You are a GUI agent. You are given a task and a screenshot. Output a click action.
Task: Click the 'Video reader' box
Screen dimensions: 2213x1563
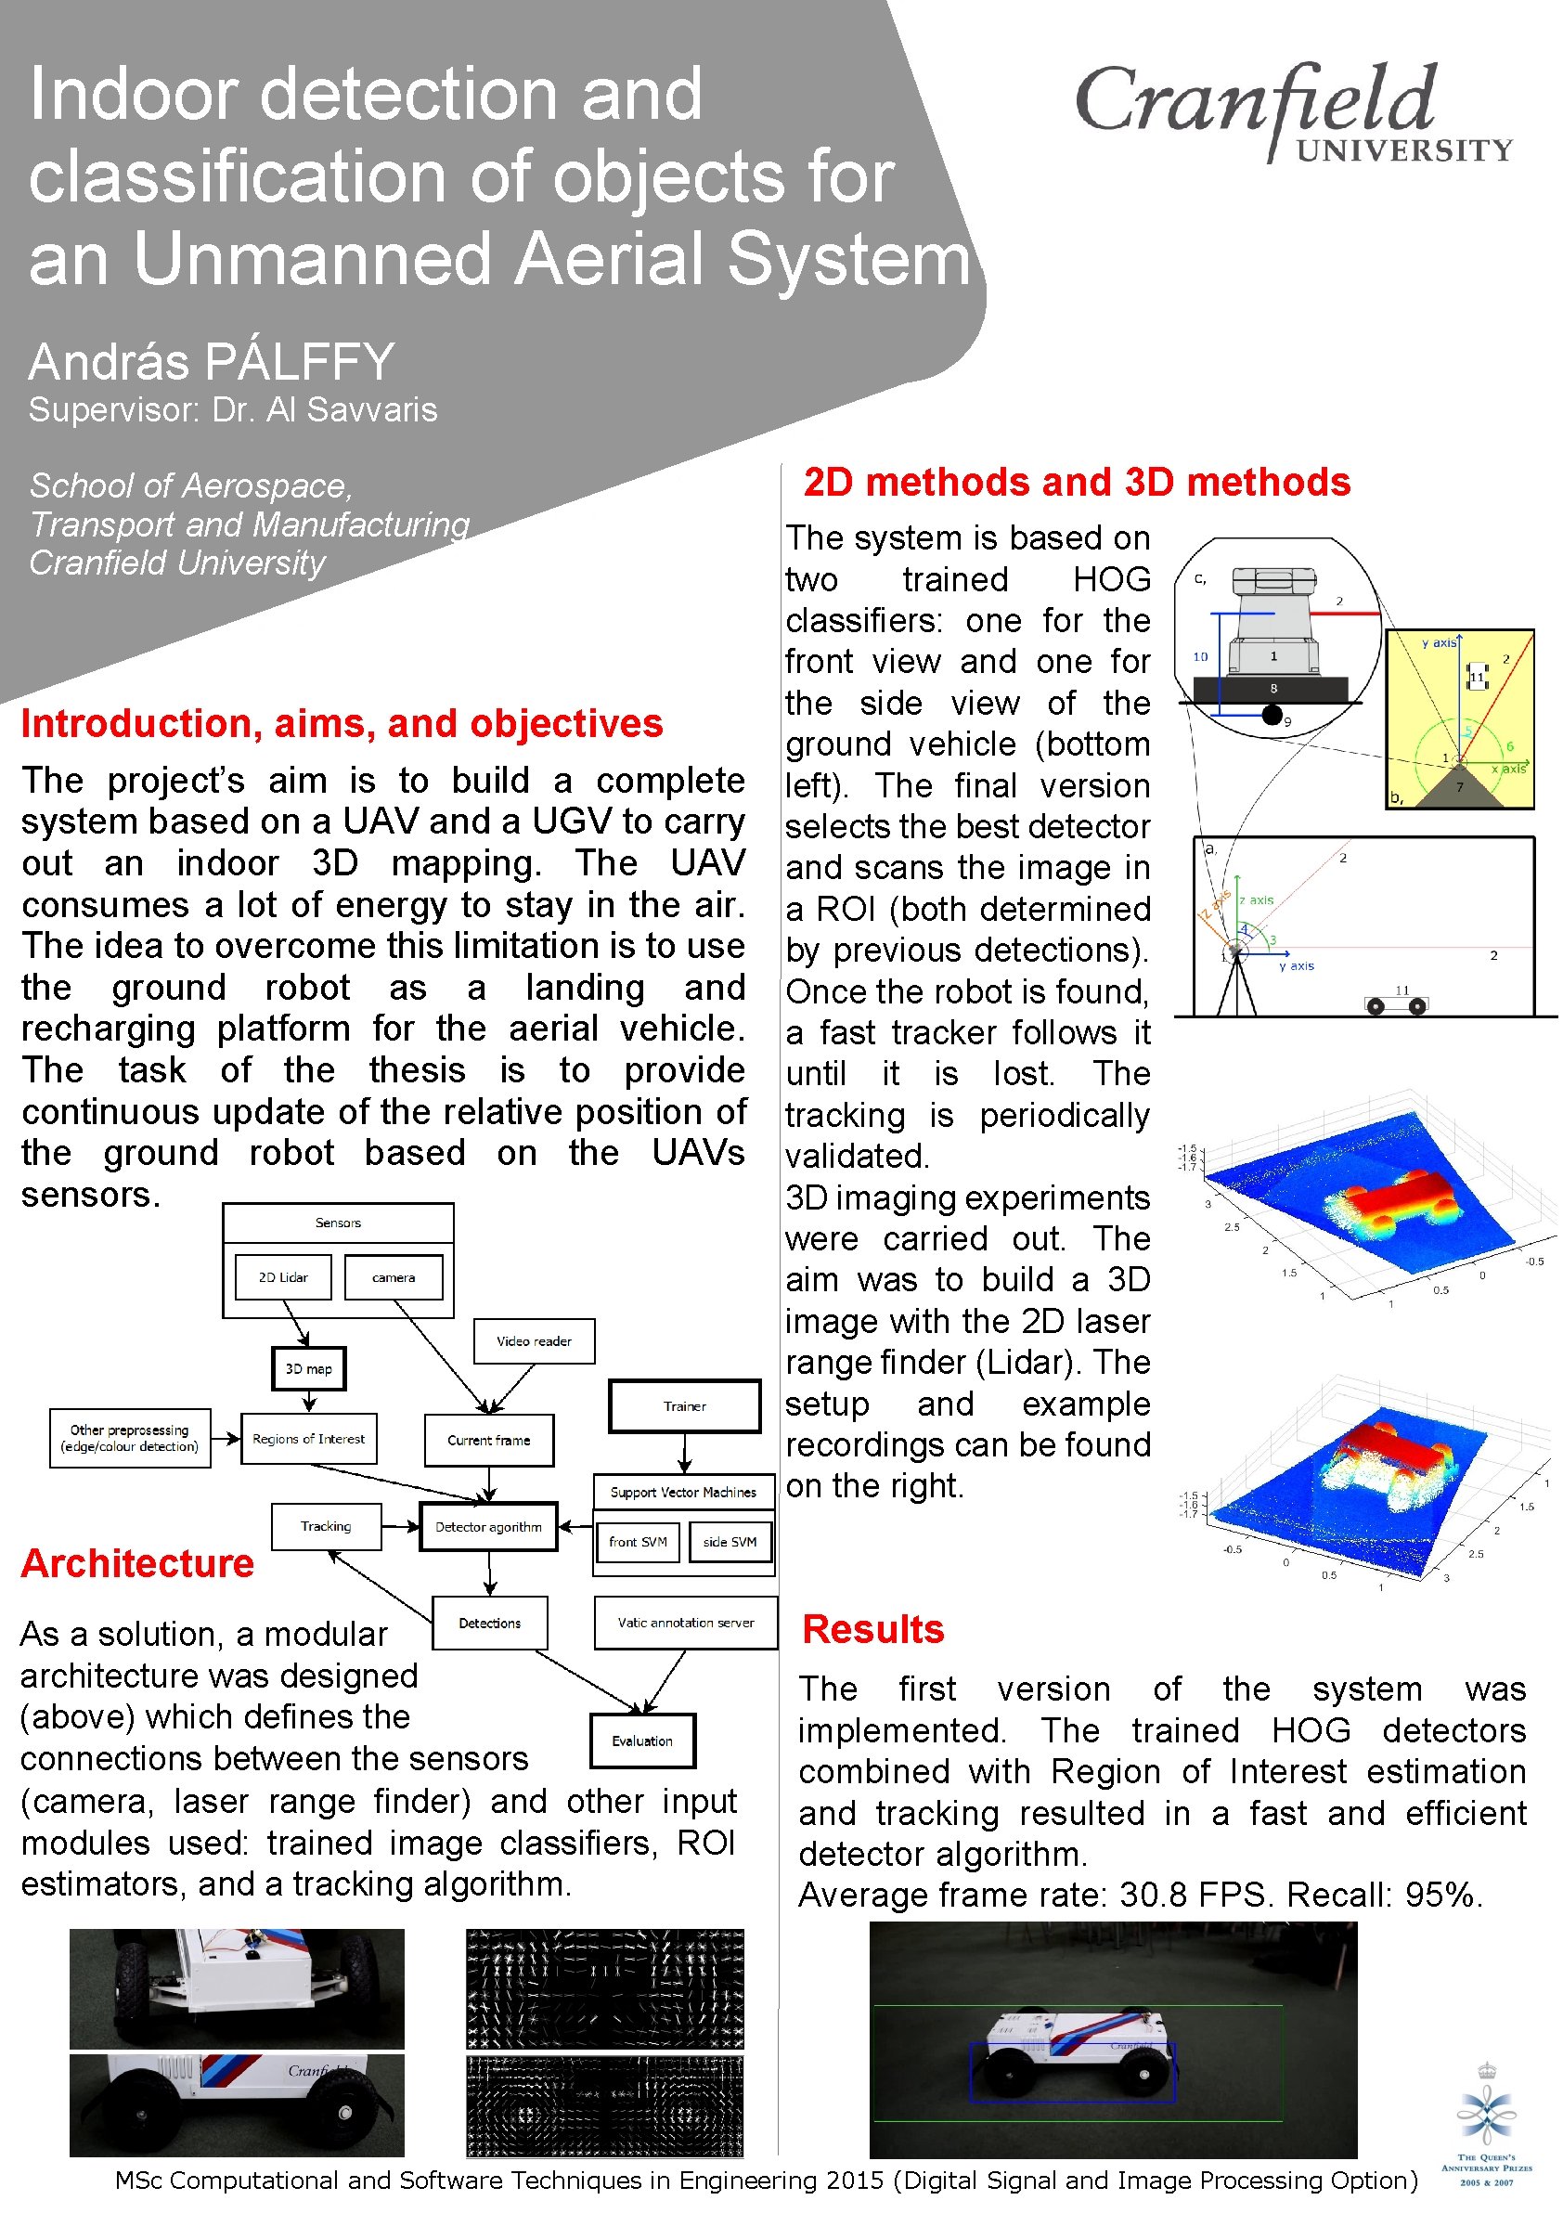click(x=534, y=1339)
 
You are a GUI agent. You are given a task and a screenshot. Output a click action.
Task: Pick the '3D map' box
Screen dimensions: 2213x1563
click(x=308, y=1367)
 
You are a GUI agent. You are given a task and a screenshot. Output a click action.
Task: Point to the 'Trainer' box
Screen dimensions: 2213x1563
click(x=684, y=1405)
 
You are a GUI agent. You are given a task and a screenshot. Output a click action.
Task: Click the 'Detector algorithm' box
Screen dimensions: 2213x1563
click(x=488, y=1526)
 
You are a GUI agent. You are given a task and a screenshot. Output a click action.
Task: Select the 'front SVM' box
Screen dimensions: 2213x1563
click(x=637, y=1541)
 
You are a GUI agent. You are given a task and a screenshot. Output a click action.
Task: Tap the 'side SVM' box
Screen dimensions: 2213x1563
click(x=730, y=1541)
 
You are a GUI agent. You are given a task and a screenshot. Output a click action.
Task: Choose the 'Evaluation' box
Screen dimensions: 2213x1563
click(x=641, y=1740)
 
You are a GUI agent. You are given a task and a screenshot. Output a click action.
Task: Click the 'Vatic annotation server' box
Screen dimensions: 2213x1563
click(x=685, y=1623)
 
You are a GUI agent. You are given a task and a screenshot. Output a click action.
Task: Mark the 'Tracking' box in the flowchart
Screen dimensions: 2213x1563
click(x=326, y=1526)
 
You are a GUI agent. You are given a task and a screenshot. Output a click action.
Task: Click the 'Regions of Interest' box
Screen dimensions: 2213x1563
click(x=308, y=1438)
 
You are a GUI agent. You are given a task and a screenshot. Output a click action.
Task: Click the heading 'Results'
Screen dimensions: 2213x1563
click(x=872, y=1629)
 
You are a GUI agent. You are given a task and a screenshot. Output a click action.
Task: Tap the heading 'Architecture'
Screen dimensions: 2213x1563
click(x=136, y=1562)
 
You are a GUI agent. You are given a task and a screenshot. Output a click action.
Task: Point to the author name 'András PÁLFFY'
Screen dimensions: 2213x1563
click(x=211, y=361)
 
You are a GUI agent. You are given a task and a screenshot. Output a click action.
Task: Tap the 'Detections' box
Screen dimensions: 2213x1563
click(x=489, y=1623)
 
